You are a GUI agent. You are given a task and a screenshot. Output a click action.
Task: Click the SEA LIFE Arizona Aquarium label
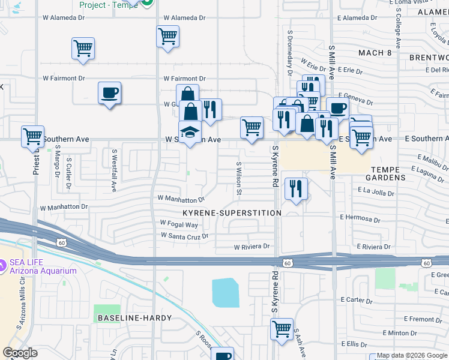[x=42, y=266]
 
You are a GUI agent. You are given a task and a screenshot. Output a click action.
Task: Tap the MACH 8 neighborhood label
[x=375, y=53]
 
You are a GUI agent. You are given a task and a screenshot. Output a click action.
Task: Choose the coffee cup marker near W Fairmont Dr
[x=109, y=94]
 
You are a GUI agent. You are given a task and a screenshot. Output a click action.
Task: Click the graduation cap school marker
[x=190, y=133]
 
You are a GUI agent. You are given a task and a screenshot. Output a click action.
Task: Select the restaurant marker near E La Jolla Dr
[x=296, y=188]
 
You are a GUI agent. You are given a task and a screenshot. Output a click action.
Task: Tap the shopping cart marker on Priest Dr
[x=33, y=136]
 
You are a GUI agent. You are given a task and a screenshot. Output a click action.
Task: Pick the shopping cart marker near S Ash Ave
[x=282, y=329]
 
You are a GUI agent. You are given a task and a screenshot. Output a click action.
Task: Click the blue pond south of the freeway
[x=225, y=292]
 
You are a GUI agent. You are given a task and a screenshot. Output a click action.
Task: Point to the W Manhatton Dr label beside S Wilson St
[x=181, y=198]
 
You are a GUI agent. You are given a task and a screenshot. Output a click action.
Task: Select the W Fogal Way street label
[x=179, y=224]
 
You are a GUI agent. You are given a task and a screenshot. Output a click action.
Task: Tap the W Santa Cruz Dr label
[x=184, y=236]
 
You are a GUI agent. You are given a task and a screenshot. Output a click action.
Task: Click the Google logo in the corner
[x=20, y=353]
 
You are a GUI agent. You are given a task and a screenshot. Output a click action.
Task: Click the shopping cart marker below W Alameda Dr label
[x=168, y=37]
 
